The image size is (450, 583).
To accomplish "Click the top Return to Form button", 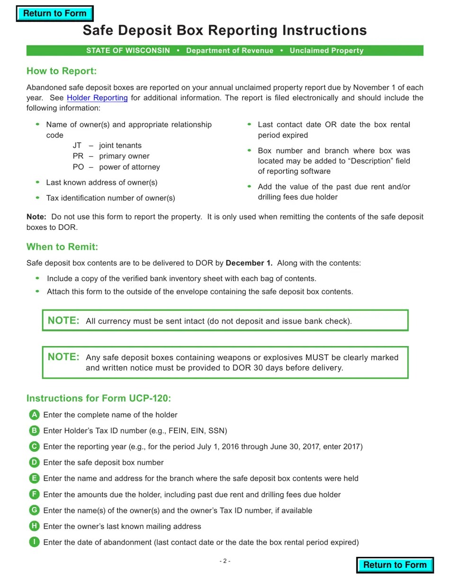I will tap(54, 14).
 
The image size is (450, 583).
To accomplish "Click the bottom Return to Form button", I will tap(395, 565).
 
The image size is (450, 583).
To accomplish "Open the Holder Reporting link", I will tap(97, 98).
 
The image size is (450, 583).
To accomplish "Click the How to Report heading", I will tap(62, 71).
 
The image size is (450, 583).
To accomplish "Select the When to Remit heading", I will tap(62, 247).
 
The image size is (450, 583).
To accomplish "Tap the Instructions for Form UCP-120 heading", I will tap(99, 398).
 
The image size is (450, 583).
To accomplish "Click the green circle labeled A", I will tap(34, 415).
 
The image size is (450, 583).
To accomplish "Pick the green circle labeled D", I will tap(34, 463).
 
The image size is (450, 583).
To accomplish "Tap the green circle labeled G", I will tap(34, 510).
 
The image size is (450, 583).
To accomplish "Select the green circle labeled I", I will tap(34, 542).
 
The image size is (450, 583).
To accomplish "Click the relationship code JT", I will tap(77, 146).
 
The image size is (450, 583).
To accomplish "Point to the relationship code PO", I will tap(78, 167).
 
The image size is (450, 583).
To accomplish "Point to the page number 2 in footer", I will tap(225, 561).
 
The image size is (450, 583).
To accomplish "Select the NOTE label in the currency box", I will tap(63, 320).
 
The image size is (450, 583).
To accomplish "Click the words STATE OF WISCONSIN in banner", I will tap(128, 51).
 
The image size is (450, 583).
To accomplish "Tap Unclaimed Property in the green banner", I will tap(326, 51).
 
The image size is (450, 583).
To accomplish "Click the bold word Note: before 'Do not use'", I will tap(36, 217).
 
